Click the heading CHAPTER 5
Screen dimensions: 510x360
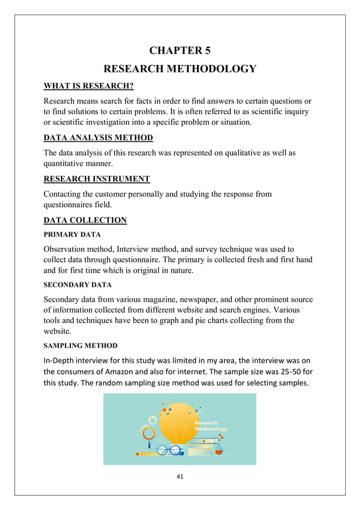[179, 51]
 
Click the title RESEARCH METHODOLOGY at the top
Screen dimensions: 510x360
[179, 69]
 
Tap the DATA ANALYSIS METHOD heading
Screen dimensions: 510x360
[98, 138]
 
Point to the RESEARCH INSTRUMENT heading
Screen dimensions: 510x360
[96, 179]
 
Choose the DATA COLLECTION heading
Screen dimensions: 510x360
[85, 220]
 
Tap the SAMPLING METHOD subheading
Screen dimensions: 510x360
[81, 345]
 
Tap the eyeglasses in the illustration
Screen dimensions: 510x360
[169, 450]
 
